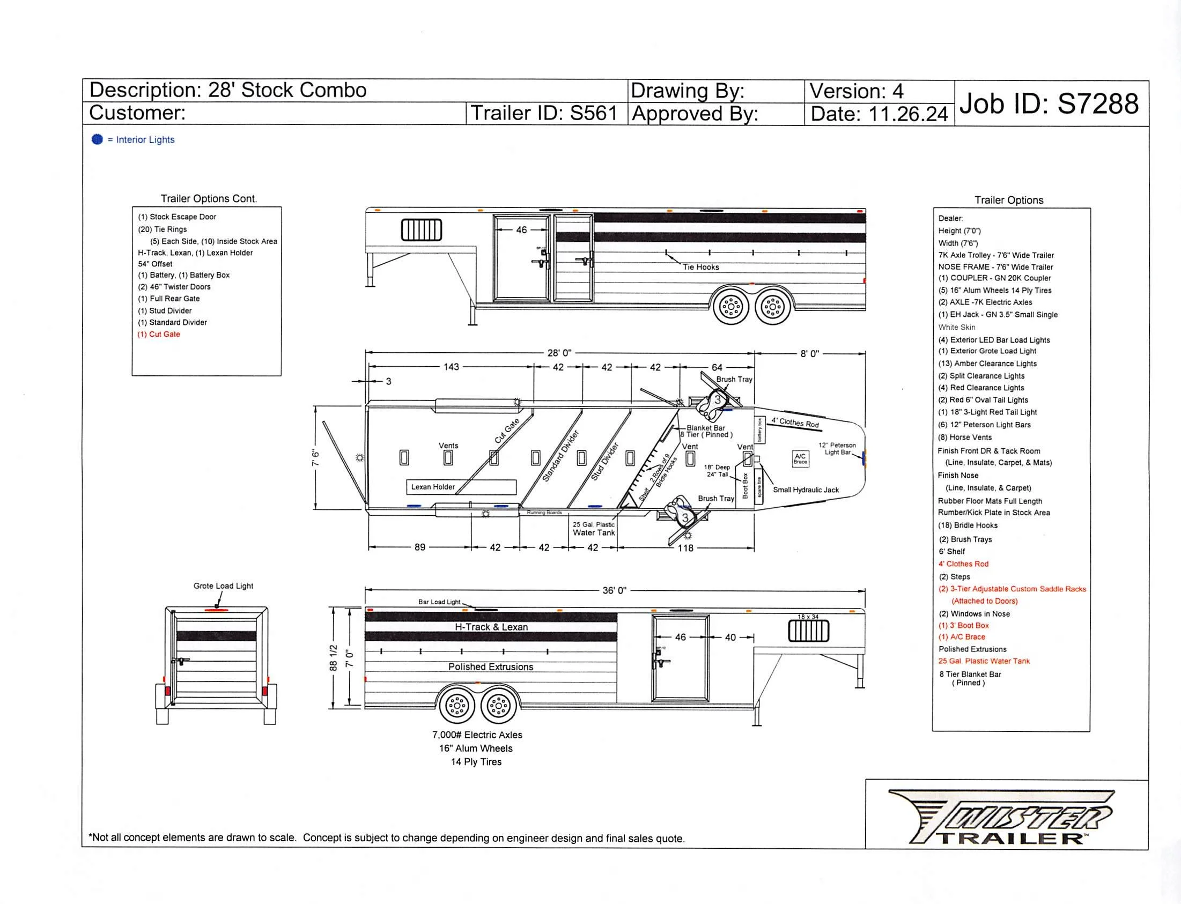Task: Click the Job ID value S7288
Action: (1097, 104)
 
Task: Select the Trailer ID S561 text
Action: (593, 114)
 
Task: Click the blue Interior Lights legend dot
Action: (97, 139)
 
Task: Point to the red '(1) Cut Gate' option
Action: (159, 334)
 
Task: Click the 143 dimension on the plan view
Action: (451, 367)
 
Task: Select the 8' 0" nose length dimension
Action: (809, 353)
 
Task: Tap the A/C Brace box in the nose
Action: (800, 458)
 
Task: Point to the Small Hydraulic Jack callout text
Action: (806, 490)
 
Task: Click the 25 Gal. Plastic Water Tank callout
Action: (594, 529)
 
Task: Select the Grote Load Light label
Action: (223, 586)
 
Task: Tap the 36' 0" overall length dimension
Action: (614, 590)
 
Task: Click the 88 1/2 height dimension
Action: (333, 658)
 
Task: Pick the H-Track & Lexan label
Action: (491, 627)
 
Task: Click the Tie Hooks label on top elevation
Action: (701, 267)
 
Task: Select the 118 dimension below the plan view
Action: (685, 548)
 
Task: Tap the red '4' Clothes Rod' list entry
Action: (964, 564)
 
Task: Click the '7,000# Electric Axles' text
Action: (477, 735)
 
